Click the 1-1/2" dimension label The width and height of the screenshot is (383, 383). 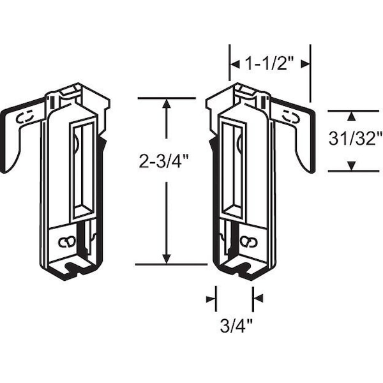269,64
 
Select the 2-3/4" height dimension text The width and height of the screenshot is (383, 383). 164,161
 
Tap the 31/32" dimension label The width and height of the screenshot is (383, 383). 356,139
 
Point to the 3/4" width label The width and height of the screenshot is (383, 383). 236,326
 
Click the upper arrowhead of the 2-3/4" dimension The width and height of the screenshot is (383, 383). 167,103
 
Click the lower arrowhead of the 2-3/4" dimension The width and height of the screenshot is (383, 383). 167,259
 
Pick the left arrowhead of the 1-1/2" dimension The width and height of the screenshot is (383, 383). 235,64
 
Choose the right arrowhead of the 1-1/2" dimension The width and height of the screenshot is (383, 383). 305,64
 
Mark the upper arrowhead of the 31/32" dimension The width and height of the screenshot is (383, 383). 351,116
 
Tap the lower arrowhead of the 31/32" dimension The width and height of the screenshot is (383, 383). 351,166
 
